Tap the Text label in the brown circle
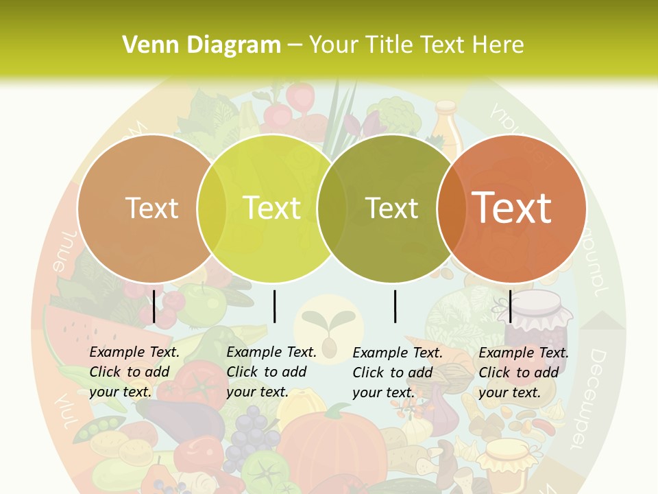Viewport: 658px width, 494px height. tap(152, 208)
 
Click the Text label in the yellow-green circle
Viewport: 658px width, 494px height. tap(272, 208)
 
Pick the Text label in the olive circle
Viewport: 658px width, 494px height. tap(392, 208)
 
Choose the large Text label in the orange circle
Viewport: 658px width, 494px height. tap(512, 208)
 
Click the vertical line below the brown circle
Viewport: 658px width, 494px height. tap(154, 306)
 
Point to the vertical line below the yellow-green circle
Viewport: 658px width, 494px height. tap(274, 306)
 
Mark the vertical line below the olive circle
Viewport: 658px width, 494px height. tap(395, 306)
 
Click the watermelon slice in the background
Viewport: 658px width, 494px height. tap(69, 329)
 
